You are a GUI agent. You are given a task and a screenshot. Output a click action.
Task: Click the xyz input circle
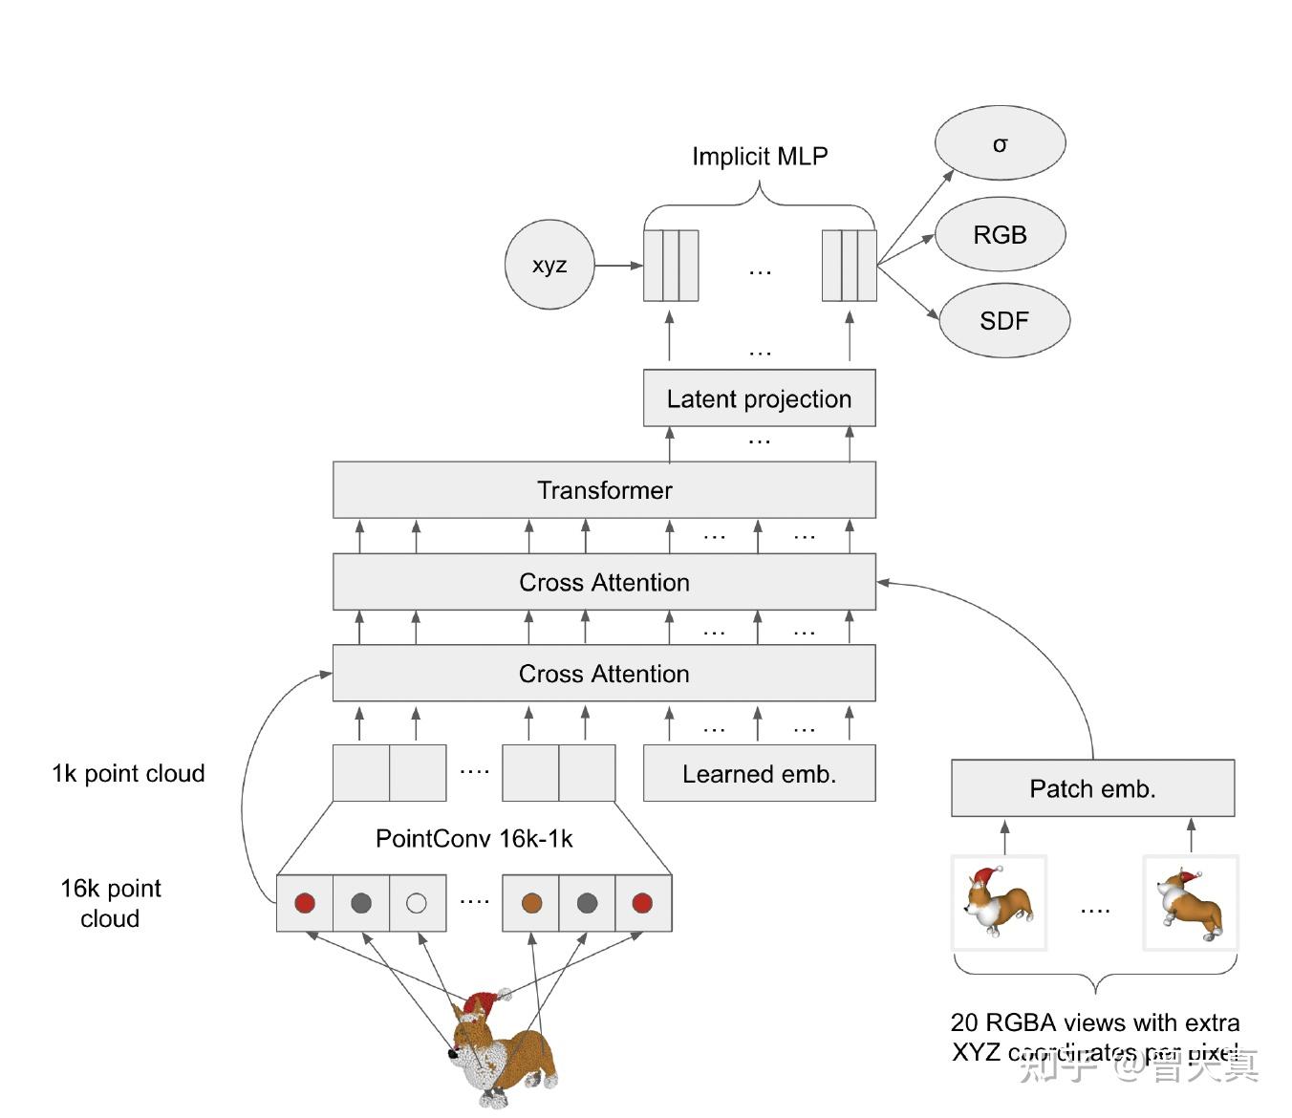tap(549, 265)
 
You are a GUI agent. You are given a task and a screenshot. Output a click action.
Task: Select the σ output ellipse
tap(1000, 143)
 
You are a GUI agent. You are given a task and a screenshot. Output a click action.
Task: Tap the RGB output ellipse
tap(1000, 234)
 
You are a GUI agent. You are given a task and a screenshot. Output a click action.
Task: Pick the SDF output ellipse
tap(1004, 320)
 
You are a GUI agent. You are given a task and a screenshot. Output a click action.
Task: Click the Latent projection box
tap(759, 398)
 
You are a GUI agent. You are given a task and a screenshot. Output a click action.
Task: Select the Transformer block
tap(604, 490)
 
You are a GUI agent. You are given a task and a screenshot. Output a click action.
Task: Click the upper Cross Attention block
tap(604, 582)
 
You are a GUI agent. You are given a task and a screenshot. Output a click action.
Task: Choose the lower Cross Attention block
tap(604, 674)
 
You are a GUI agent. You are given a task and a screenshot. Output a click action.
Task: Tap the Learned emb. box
tap(759, 774)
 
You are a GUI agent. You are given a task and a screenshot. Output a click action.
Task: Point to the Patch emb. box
tap(1092, 788)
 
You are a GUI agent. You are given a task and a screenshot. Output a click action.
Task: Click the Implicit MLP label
tap(760, 156)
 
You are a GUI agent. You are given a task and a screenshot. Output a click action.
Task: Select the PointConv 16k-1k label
tap(474, 839)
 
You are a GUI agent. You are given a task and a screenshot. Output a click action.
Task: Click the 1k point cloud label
tap(128, 773)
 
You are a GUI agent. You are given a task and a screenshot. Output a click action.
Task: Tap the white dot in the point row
tap(417, 902)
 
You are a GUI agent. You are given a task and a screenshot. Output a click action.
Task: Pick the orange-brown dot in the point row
tap(531, 902)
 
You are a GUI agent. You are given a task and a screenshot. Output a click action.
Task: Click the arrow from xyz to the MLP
tap(618, 265)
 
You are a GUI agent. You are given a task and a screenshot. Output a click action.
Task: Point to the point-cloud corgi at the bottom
tap(502, 1051)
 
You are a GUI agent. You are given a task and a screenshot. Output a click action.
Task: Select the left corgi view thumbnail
tap(999, 903)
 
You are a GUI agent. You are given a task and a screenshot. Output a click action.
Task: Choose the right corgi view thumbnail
tap(1190, 903)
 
